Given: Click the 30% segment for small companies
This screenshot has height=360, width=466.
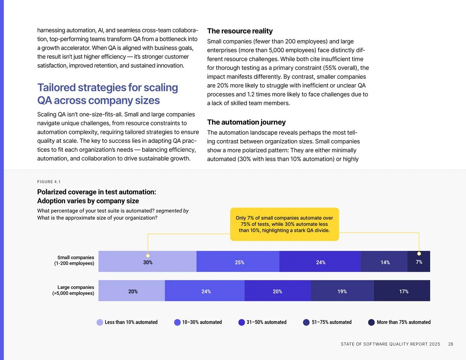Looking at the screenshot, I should [x=148, y=261].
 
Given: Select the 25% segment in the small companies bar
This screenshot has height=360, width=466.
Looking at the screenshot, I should [x=238, y=261].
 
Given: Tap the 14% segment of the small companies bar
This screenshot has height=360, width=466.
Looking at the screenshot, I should [x=384, y=261].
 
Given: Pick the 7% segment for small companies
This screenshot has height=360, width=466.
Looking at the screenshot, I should [x=419, y=261].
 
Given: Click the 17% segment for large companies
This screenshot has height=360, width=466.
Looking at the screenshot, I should [x=402, y=290].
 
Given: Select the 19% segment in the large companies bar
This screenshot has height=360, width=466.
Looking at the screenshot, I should [x=342, y=290].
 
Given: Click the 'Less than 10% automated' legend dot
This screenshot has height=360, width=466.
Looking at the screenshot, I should [x=100, y=322].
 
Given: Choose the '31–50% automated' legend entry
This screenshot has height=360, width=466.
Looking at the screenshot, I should [x=263, y=322].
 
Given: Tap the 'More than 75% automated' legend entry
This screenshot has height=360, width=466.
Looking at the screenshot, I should [x=399, y=322].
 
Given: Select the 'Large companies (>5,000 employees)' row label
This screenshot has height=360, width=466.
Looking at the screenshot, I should [x=73, y=290].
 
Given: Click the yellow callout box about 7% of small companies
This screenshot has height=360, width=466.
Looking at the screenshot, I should [x=284, y=224].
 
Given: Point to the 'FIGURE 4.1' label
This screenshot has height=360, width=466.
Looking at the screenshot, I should [x=49, y=182].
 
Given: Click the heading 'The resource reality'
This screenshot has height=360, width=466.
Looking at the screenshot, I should [x=240, y=31].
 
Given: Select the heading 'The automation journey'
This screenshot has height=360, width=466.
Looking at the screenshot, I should [x=246, y=122].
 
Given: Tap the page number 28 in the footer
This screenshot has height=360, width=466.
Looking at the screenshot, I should [x=450, y=344].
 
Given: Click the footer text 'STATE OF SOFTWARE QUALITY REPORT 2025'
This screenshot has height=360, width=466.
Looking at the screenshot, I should [x=390, y=344].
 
